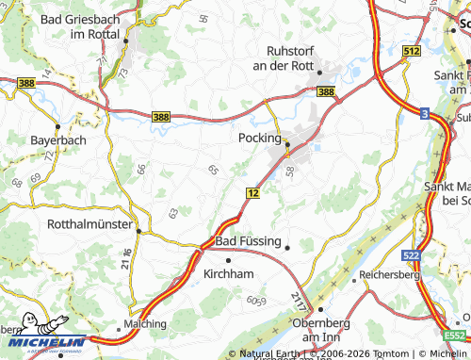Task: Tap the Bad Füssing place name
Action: coord(249,241)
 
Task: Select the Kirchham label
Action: coord(230,274)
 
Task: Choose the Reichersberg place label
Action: coord(389,275)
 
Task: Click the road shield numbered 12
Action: coord(252,191)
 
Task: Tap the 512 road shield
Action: coord(410,53)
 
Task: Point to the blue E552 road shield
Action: coord(456,335)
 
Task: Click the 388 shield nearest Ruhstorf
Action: coord(325,91)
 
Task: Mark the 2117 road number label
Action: coord(299,301)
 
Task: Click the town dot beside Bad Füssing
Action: coord(287,247)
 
